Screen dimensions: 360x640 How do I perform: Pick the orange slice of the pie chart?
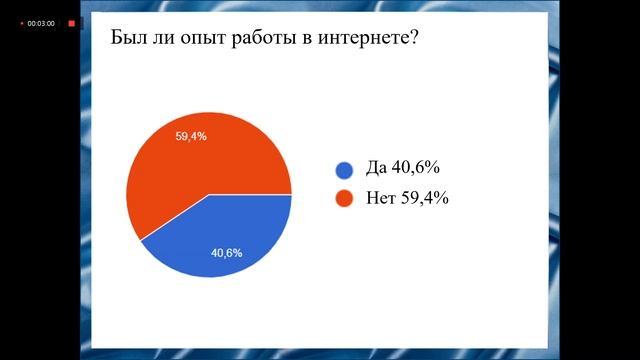(x=190, y=160)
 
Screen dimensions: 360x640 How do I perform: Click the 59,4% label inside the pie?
(x=190, y=136)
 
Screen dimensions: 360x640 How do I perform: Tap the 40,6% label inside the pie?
(x=226, y=253)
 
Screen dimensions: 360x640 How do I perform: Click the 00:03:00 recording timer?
(x=40, y=22)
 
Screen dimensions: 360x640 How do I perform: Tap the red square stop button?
(x=71, y=22)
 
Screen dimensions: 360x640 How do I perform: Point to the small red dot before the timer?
(x=21, y=22)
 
